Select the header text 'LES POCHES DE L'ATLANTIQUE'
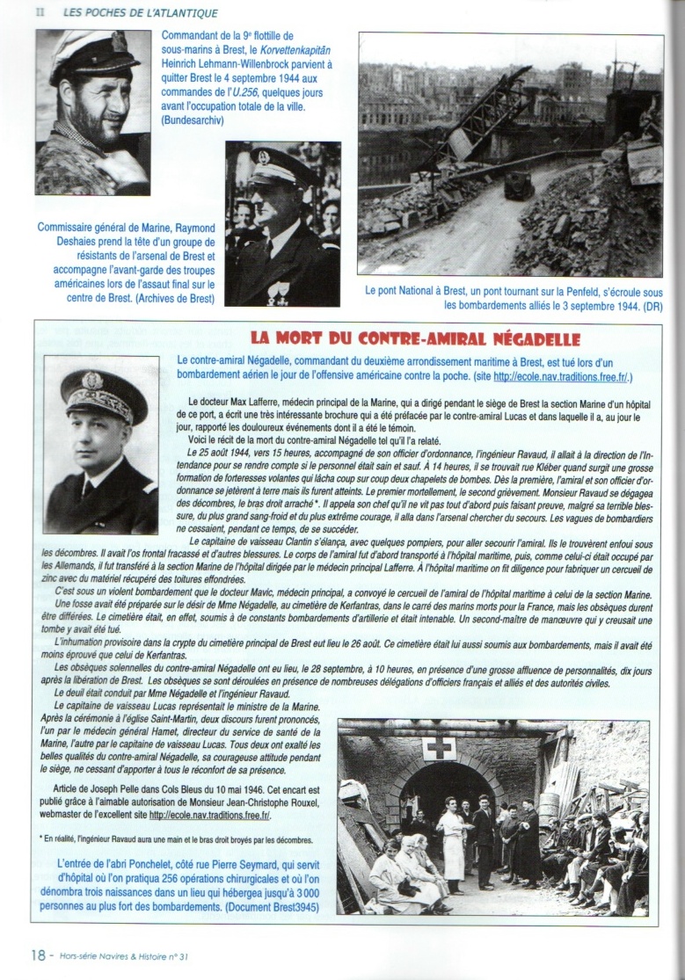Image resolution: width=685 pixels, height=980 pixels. [x=141, y=13]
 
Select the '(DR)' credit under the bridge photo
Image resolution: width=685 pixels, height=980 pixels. [x=651, y=307]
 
